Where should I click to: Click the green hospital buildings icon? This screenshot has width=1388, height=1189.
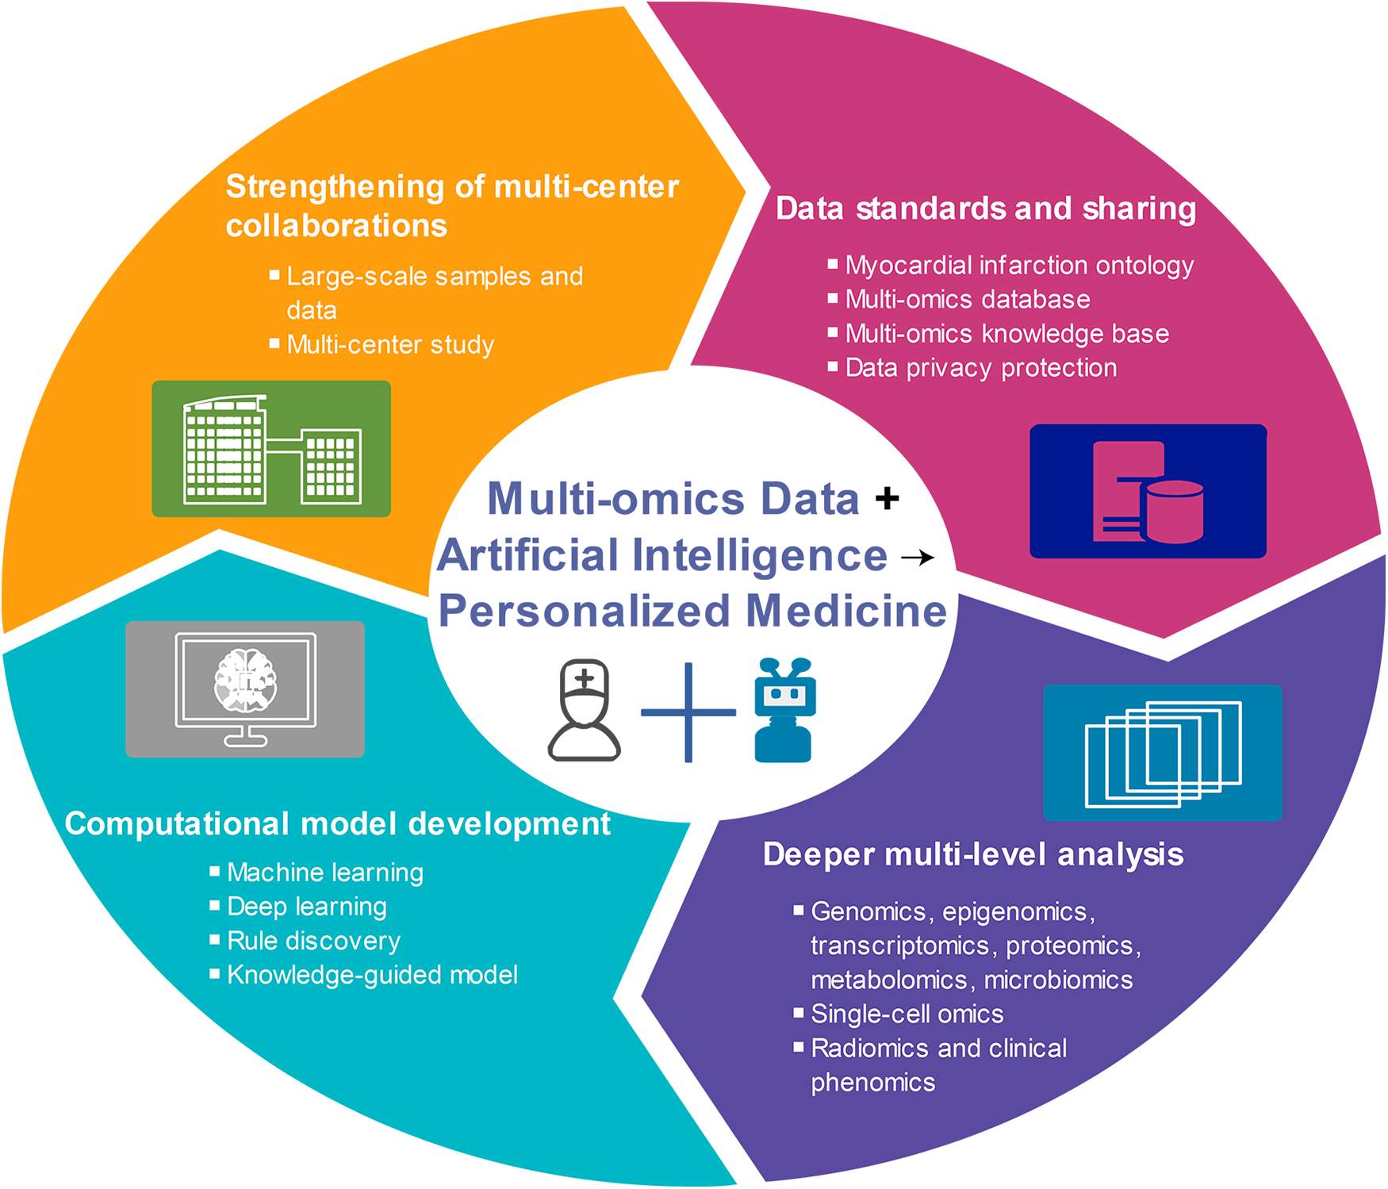point(271,449)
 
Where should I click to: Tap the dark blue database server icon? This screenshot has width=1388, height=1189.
point(1148,492)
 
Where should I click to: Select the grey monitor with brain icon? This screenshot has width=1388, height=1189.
point(245,688)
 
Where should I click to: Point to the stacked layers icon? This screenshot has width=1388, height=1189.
point(1162,753)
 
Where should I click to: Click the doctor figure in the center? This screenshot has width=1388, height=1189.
point(585,711)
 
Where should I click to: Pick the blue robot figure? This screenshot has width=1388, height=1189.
point(784,711)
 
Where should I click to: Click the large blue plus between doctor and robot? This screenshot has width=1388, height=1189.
point(688,712)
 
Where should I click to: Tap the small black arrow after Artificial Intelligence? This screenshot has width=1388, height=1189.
point(918,558)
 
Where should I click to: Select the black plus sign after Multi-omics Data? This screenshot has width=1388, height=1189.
point(887,499)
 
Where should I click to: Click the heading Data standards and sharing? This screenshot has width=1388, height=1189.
point(986,209)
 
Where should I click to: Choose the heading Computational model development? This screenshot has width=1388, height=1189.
point(338,824)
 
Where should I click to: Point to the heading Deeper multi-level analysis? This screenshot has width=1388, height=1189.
point(973,855)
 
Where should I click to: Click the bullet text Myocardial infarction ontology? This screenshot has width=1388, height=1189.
point(1019,265)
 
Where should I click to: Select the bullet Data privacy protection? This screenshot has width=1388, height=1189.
point(981,368)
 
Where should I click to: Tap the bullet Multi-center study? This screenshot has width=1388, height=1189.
point(390,345)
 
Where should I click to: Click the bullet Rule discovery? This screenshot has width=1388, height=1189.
point(313,941)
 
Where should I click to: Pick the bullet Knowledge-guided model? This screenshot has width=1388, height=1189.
point(372,975)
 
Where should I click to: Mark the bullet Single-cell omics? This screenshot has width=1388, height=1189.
point(907,1014)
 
